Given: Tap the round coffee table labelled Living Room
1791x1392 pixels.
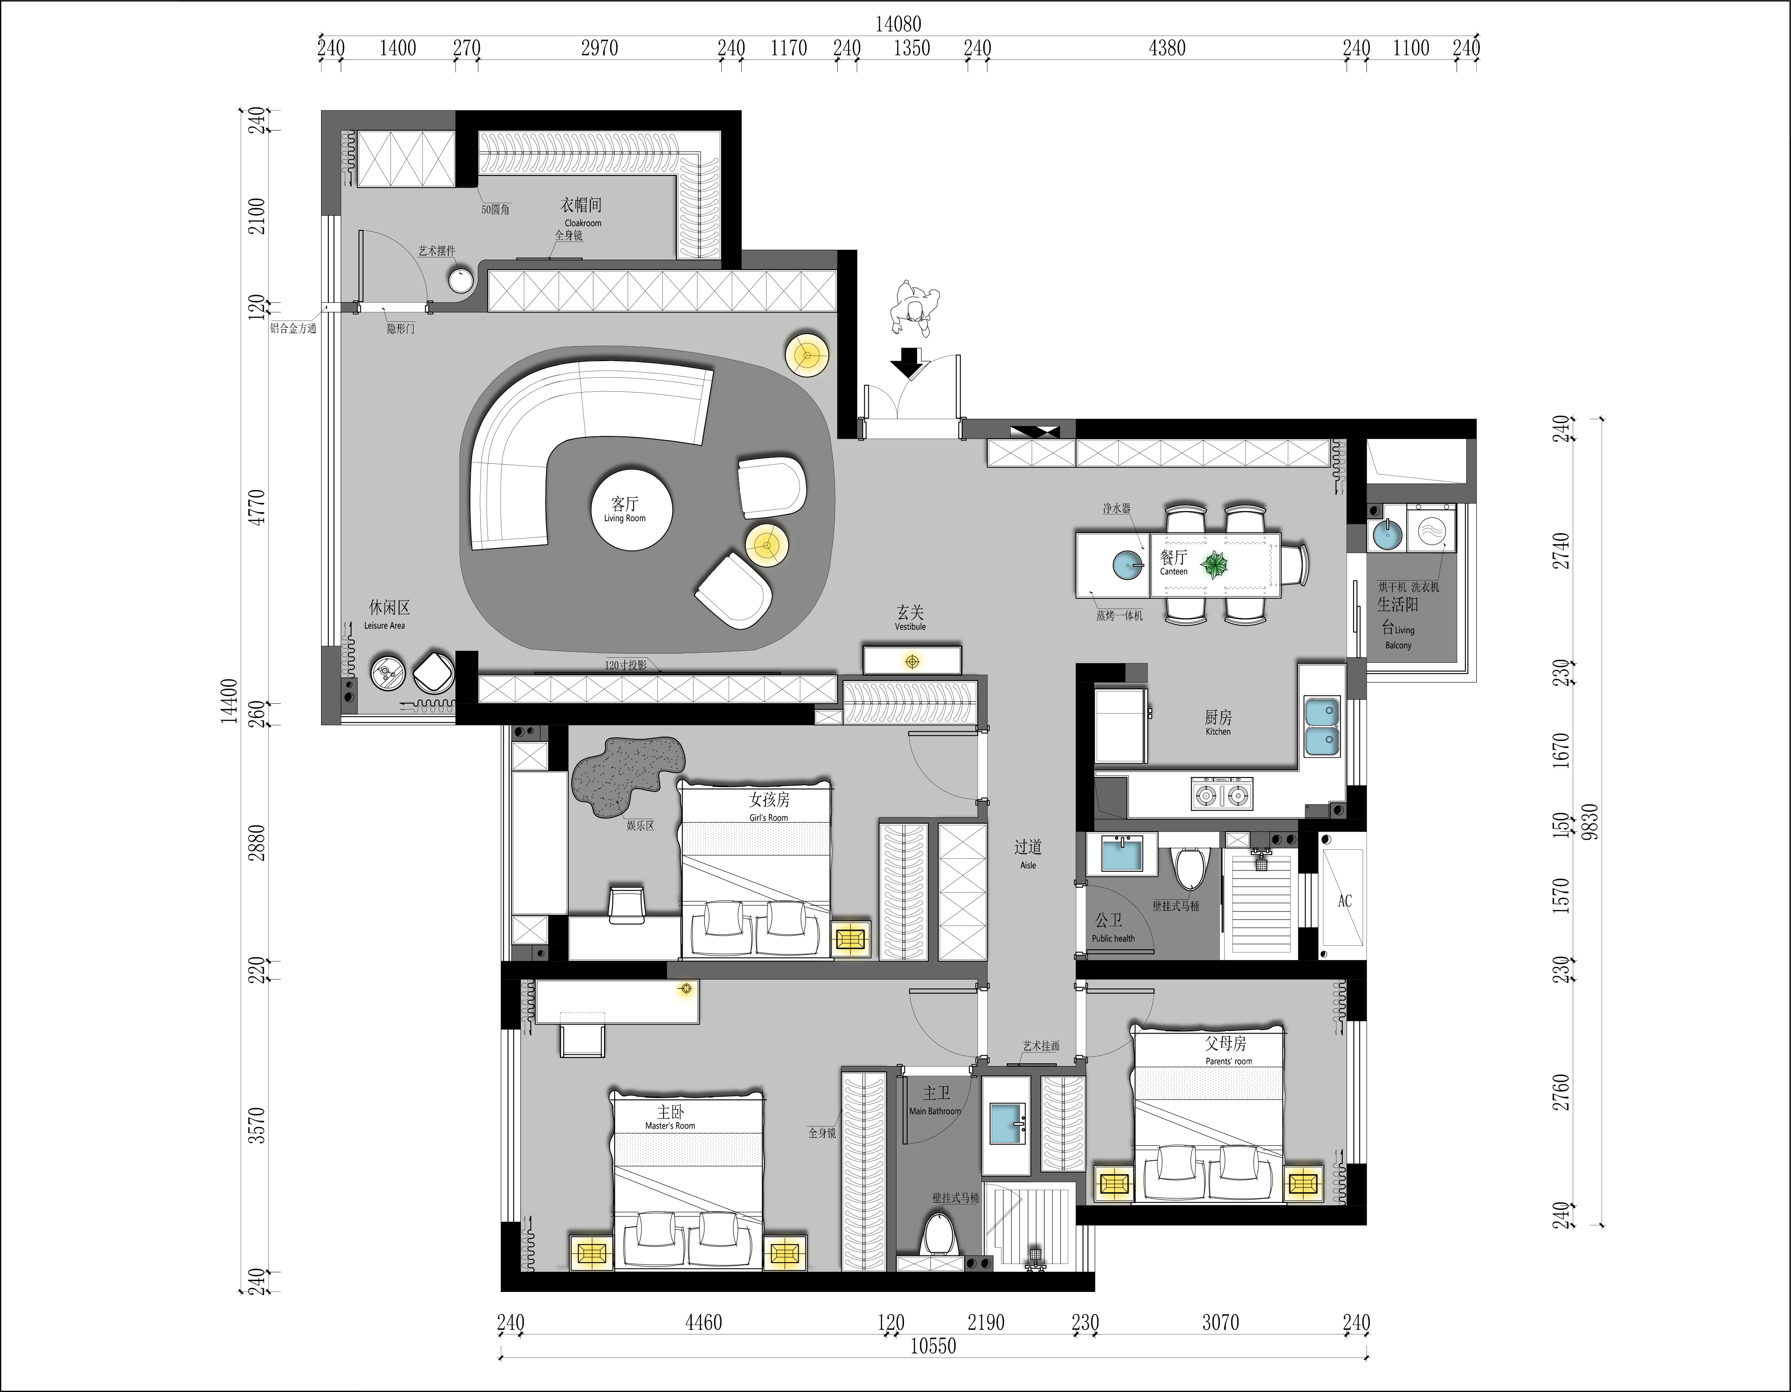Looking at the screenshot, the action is (x=632, y=510).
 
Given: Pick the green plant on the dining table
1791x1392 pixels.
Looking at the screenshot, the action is (x=1214, y=565).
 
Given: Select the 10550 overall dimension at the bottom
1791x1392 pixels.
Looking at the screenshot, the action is (x=933, y=1345).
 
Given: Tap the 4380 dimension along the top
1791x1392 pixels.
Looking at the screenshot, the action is (x=1167, y=48).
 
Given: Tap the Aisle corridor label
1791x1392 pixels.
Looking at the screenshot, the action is (x=1028, y=853).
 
